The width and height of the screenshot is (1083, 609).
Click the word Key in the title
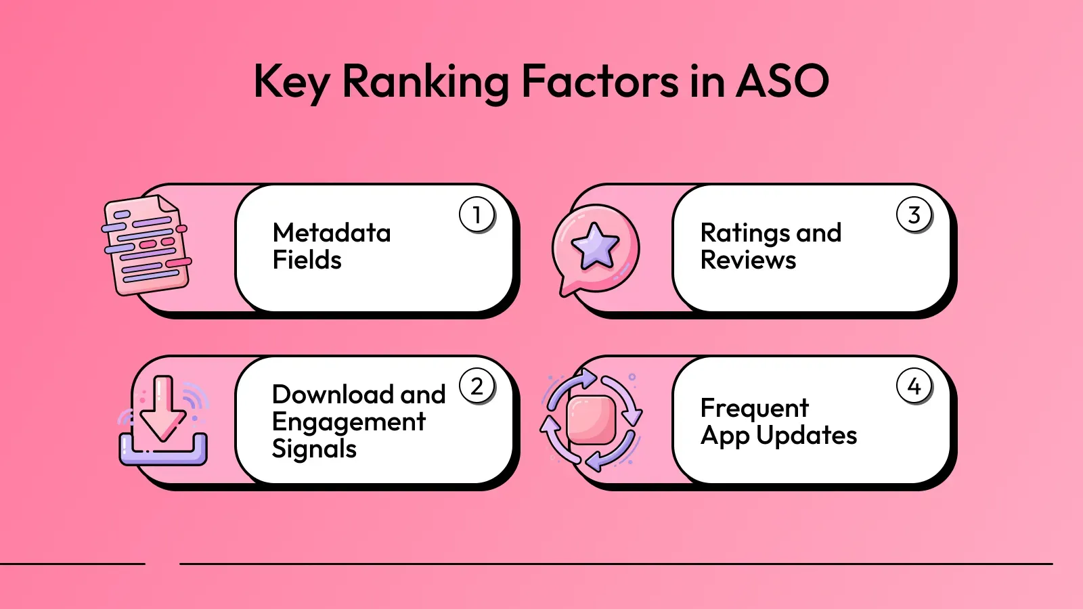tap(291, 83)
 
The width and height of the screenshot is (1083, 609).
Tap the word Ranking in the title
tap(425, 83)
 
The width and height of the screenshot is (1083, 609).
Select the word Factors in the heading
tap(600, 81)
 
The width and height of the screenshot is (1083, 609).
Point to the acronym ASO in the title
tap(782, 81)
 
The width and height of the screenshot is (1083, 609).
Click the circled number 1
tap(477, 215)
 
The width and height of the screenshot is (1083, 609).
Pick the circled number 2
tap(477, 386)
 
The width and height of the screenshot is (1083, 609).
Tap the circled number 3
tap(914, 215)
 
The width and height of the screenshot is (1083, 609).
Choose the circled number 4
tap(914, 386)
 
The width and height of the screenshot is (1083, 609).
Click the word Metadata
tap(332, 233)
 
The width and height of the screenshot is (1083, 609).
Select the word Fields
tap(307, 260)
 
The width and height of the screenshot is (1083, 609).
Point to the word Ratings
tap(746, 233)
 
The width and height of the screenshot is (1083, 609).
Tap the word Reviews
tap(748, 260)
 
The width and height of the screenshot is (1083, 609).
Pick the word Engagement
tap(349, 422)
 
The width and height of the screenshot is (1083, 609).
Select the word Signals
tap(314, 449)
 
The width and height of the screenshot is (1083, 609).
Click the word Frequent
tap(754, 408)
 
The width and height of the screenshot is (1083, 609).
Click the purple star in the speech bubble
tap(595, 246)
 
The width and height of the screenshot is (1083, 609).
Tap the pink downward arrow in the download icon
tap(162, 409)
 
